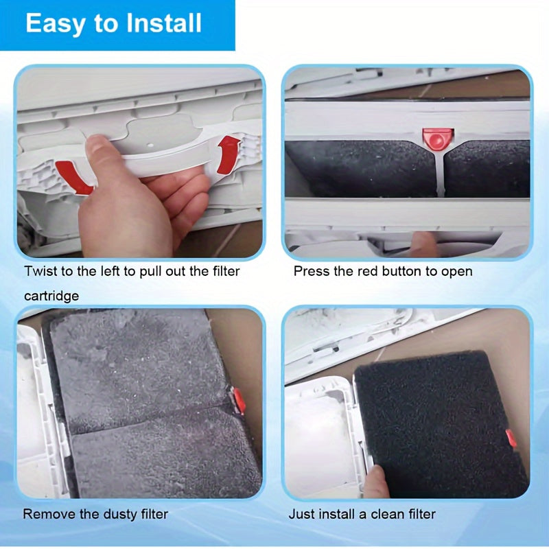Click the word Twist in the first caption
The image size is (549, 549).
click(x=39, y=271)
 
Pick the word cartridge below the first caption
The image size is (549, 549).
click(x=51, y=296)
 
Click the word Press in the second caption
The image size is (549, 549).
click(x=311, y=271)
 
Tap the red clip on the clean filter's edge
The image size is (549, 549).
click(x=511, y=438)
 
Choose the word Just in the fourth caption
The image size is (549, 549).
click(x=301, y=514)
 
